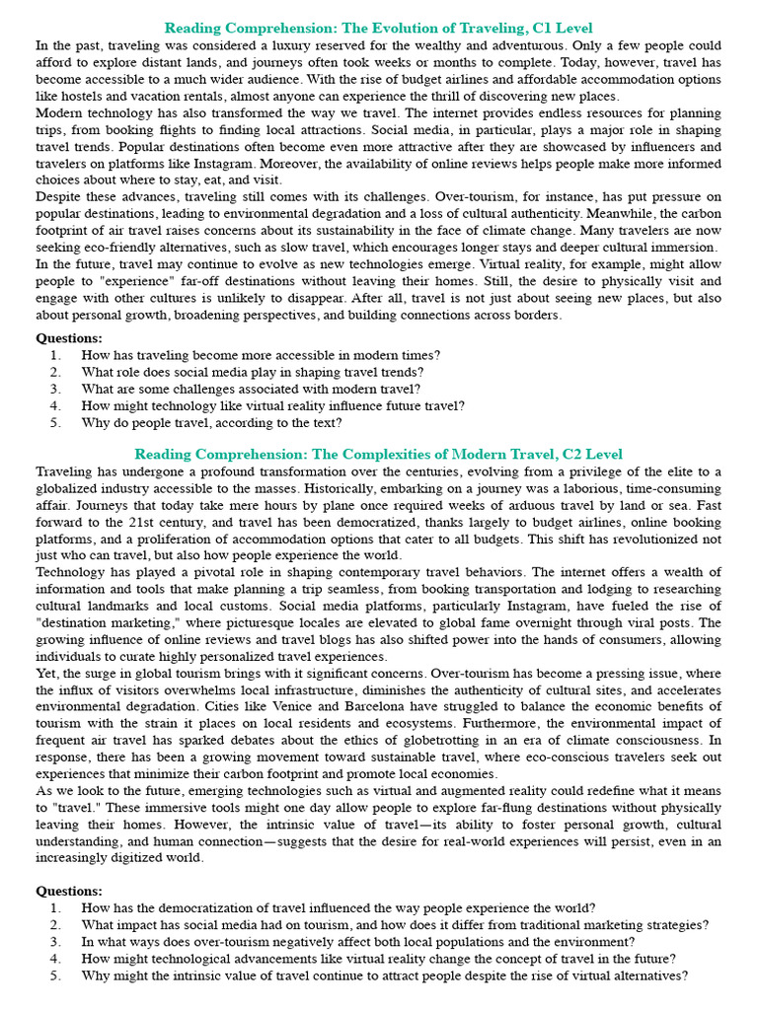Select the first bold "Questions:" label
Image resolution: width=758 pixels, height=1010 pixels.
pyautogui.click(x=69, y=337)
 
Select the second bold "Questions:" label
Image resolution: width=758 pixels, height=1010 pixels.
pyautogui.click(x=69, y=891)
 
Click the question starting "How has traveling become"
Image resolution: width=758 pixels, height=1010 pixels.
pyautogui.click(x=261, y=354)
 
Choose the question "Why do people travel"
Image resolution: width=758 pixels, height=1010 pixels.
pyautogui.click(x=211, y=422)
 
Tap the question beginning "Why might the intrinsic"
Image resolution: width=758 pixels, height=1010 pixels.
pyautogui.click(x=384, y=975)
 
